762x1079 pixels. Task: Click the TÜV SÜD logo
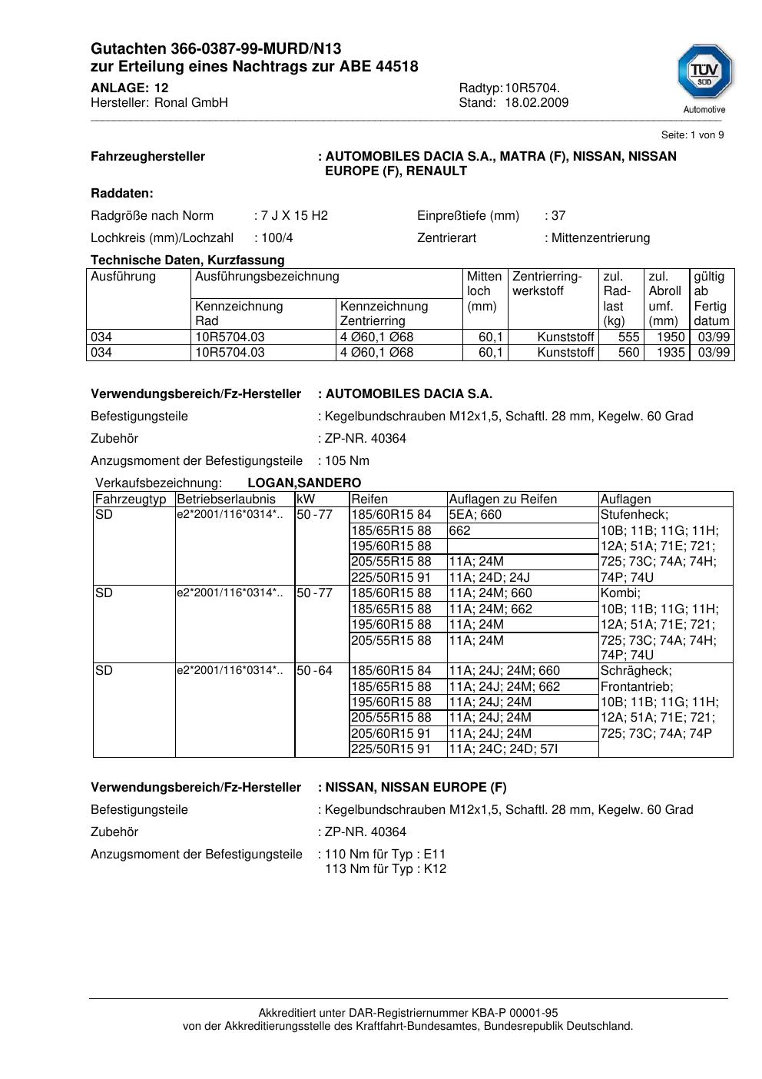pos(704,74)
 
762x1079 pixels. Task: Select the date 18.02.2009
pos(536,103)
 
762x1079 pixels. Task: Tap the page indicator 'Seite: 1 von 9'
pos(692,135)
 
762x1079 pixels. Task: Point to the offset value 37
pos(558,216)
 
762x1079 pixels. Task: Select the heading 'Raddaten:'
pos(122,194)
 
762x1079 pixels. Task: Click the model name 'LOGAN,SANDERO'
pos(304,483)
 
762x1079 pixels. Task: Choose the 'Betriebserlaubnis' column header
pos(226,500)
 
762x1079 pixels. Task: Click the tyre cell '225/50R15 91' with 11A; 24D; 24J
pos(391,578)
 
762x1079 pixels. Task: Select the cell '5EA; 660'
pos(475,515)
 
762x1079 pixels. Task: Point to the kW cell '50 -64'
pos(315,671)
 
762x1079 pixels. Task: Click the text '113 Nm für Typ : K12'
pos(385,869)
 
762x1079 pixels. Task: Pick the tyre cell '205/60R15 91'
pos(391,734)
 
